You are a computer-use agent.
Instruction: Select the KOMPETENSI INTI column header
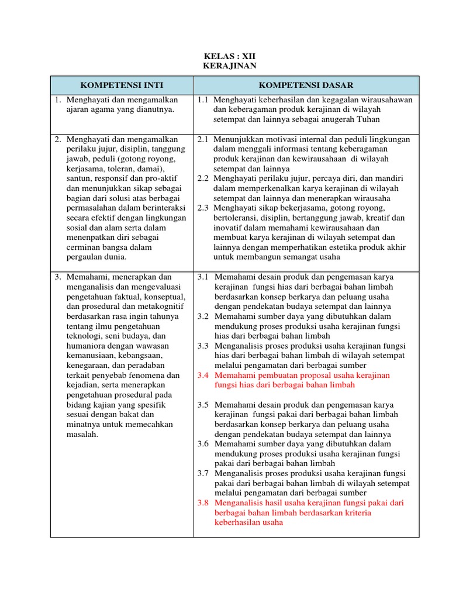point(122,85)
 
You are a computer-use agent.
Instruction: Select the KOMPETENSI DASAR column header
point(306,85)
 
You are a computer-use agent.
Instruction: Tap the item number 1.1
point(203,100)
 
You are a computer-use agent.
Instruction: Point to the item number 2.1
point(203,139)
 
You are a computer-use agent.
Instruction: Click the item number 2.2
point(203,178)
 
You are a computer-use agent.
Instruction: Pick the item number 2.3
point(203,208)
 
